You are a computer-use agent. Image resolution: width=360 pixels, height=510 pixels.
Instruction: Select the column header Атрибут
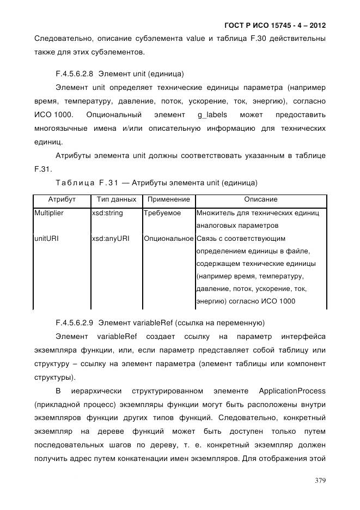(x=62, y=200)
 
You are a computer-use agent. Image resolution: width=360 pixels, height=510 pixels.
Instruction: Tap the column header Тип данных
(x=116, y=200)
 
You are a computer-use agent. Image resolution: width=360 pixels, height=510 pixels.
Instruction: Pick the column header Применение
(x=169, y=200)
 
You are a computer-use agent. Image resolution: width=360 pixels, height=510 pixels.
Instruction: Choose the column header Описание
(x=260, y=200)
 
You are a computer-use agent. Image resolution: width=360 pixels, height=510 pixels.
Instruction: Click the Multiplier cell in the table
(x=50, y=213)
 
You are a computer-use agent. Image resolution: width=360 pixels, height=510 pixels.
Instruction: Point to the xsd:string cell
(x=108, y=213)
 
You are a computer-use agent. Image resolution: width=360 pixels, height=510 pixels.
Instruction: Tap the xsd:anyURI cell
(x=111, y=239)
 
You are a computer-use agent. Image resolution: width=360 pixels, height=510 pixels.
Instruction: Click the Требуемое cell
(x=162, y=213)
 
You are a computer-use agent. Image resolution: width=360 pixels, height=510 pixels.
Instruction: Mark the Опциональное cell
(x=169, y=239)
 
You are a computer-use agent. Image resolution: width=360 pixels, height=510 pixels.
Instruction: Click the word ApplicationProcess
(x=292, y=391)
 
